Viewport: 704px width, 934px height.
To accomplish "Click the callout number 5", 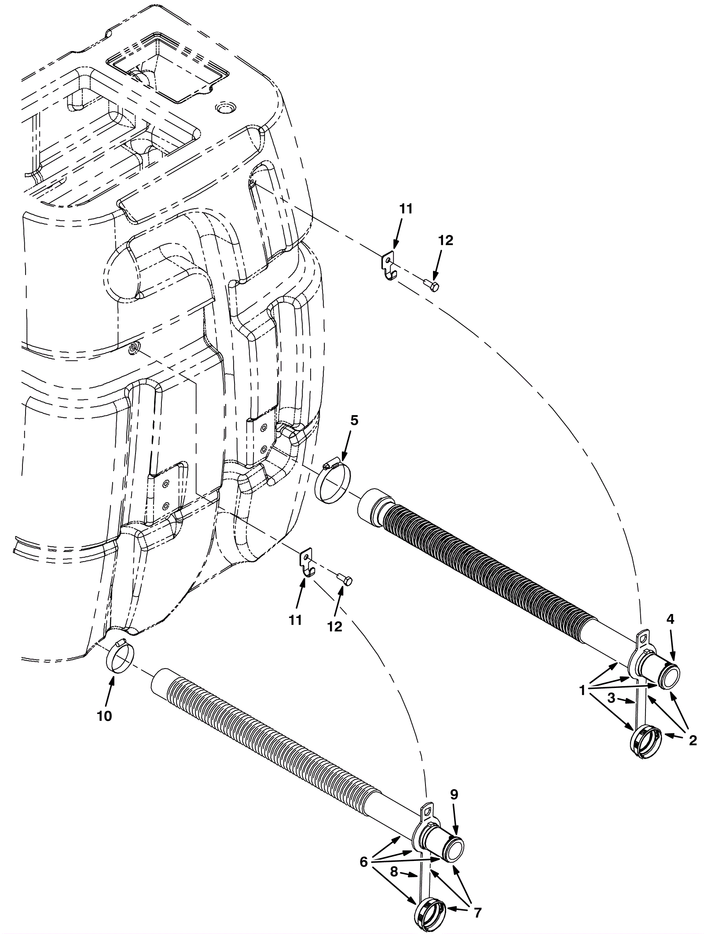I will coord(354,420).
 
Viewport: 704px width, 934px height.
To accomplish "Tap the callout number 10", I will coord(105,716).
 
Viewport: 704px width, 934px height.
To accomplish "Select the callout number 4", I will coord(670,619).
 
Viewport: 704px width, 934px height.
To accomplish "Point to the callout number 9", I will coord(454,794).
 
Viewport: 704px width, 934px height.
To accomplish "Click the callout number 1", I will coord(583,691).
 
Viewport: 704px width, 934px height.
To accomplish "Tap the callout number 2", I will coord(693,741).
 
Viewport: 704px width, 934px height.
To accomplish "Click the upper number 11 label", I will coord(406,209).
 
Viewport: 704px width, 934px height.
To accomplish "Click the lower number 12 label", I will coord(335,626).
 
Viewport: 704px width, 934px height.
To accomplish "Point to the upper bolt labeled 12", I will coord(432,287).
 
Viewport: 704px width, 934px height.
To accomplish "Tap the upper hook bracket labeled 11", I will coord(388,266).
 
